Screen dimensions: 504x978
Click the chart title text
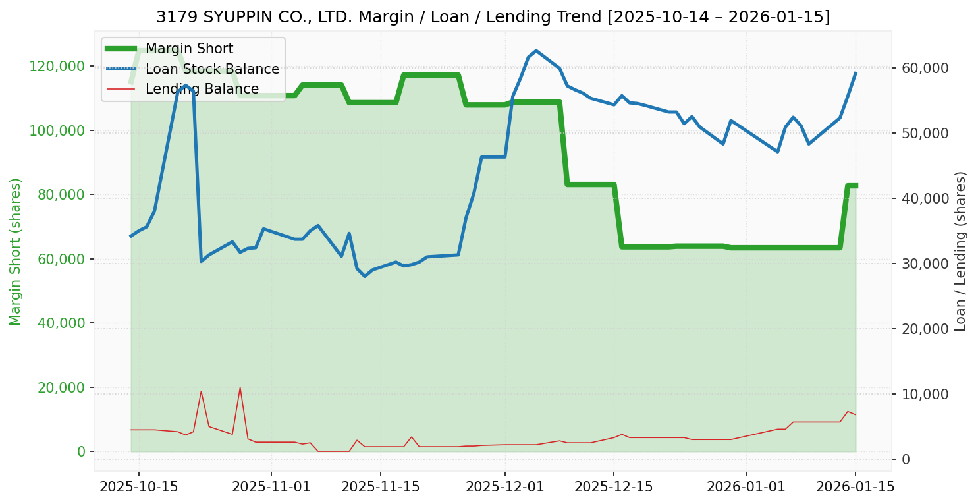[493, 17]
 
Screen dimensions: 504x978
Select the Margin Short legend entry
[189, 49]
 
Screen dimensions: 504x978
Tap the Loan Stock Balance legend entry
[212, 69]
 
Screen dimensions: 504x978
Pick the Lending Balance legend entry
[202, 89]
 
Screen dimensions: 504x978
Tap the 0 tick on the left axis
[81, 451]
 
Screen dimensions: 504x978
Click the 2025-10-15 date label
[138, 487]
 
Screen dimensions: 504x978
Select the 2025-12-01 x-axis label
[505, 487]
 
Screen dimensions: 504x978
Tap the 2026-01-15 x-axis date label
[856, 487]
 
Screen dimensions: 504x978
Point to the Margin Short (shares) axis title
[15, 251]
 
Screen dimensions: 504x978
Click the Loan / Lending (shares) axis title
[960, 251]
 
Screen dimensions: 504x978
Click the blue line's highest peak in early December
[536, 51]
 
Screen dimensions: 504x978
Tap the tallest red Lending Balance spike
[240, 387]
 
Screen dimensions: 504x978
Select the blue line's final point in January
[856, 73]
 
